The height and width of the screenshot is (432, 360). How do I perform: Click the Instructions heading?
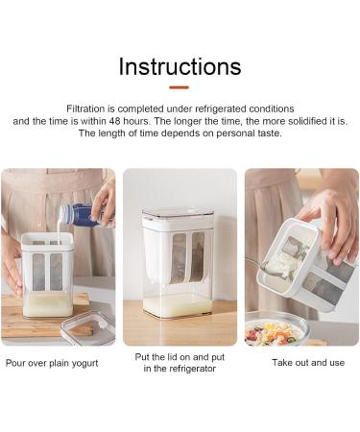pyautogui.click(x=180, y=66)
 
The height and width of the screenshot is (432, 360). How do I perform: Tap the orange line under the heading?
pyautogui.click(x=180, y=87)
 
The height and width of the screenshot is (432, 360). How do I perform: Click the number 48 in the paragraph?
pyautogui.click(x=114, y=121)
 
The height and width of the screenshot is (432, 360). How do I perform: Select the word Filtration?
pyautogui.click(x=85, y=108)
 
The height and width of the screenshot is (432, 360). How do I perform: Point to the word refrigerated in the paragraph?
pyautogui.click(x=221, y=109)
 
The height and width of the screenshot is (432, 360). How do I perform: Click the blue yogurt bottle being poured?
pyautogui.click(x=80, y=215)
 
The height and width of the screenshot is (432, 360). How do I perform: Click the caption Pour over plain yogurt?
pyautogui.click(x=52, y=363)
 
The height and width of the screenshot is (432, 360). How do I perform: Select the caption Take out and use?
pyautogui.click(x=308, y=363)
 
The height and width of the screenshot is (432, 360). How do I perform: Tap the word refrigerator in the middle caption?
pyautogui.click(x=192, y=369)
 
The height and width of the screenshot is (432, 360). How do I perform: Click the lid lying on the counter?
pyautogui.click(x=88, y=328)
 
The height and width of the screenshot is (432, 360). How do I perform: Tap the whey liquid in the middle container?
pyautogui.click(x=178, y=306)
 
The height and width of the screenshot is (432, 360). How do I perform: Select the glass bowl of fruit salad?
pyautogui.click(x=277, y=329)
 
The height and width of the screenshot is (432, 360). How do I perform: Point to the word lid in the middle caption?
pyautogui.click(x=172, y=357)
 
